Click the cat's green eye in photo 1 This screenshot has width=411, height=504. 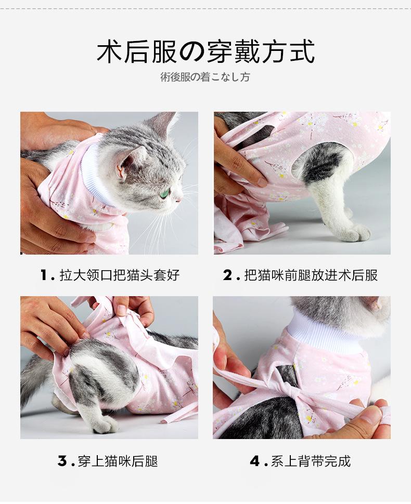coord(166,193)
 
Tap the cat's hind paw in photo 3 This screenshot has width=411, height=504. coord(107,424)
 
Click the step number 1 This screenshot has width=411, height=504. coord(44,275)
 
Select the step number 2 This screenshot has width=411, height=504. coord(228,275)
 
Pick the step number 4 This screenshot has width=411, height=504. coord(255,461)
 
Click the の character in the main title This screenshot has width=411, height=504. coord(192,52)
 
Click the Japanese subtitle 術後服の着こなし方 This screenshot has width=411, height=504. coord(205,77)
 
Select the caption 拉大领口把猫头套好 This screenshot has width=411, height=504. coord(120,275)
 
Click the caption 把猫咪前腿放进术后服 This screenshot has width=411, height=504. coord(311,275)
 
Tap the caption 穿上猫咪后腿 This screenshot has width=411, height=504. coord(118,461)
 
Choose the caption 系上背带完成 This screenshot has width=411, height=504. coord(311,461)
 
